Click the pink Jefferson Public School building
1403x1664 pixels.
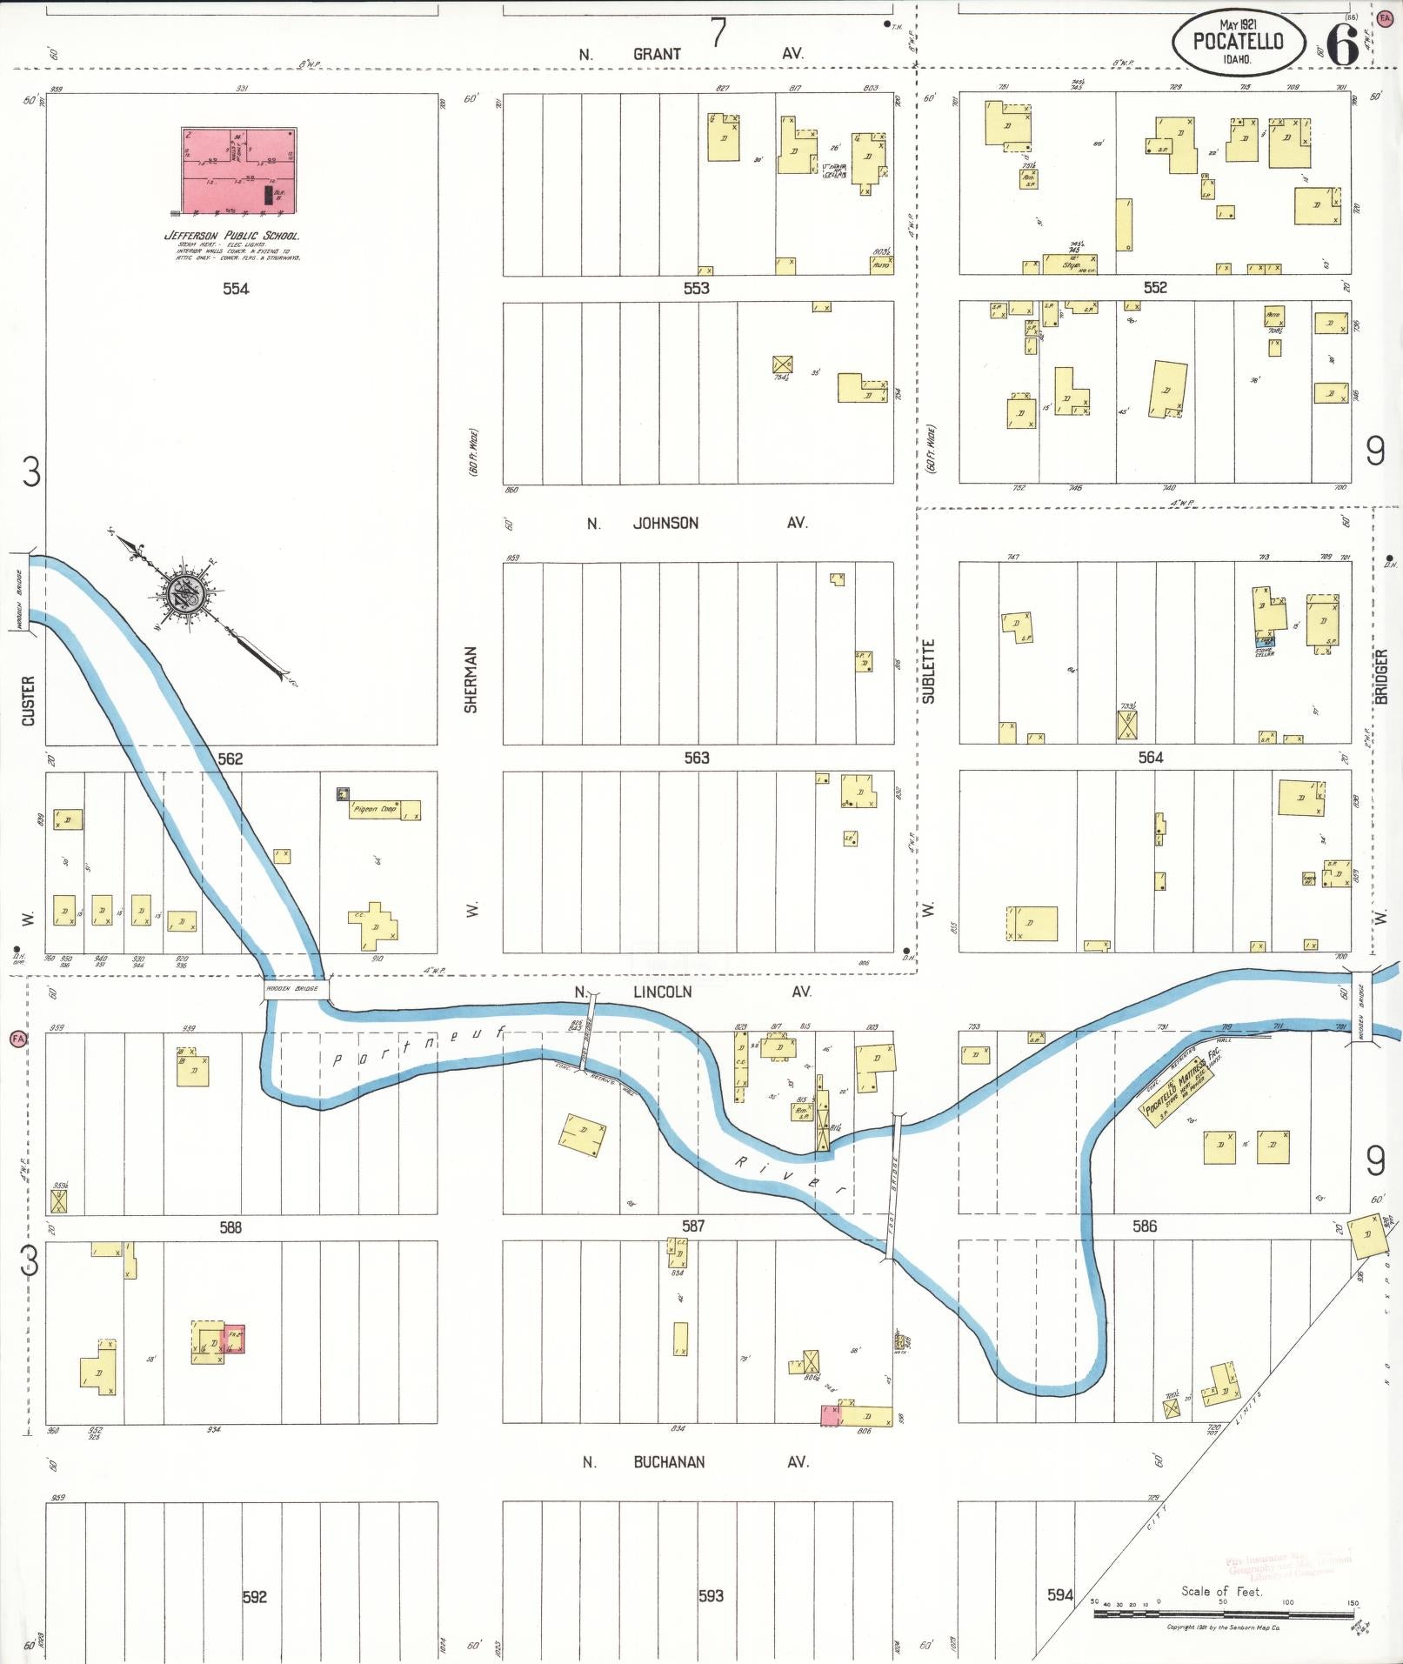tap(238, 170)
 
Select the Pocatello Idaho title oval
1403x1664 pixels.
tap(1238, 42)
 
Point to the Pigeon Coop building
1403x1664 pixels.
tap(384, 810)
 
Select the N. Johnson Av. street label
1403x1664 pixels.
tap(697, 523)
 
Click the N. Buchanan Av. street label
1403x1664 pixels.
tap(695, 1462)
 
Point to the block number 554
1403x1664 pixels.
tap(236, 288)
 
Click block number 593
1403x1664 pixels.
tap(711, 1595)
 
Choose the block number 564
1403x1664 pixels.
tap(1150, 758)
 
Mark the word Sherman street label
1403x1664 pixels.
tap(471, 679)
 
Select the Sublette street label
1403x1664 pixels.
tap(928, 671)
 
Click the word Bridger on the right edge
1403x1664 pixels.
tap(1380, 676)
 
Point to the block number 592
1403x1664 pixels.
tap(254, 1596)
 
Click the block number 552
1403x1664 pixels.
tap(1155, 288)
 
